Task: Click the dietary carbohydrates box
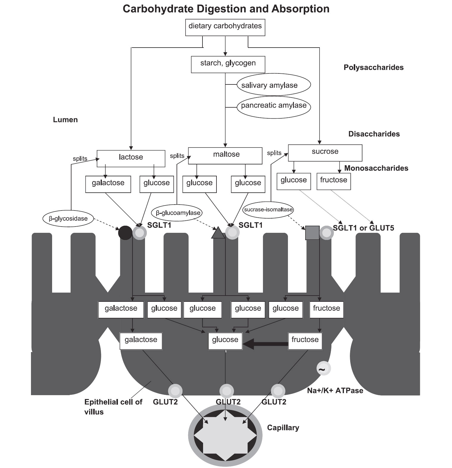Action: point(225,27)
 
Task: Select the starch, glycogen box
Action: point(228,64)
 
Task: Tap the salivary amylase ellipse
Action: point(273,85)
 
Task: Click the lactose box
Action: point(131,158)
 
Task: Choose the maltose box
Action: point(225,156)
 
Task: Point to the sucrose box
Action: point(325,153)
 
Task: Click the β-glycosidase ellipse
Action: point(68,219)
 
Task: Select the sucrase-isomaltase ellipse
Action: point(268,210)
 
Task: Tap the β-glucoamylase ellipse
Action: point(178,213)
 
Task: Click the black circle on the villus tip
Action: point(125,233)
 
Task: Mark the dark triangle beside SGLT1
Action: point(218,233)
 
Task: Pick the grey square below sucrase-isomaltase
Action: point(312,233)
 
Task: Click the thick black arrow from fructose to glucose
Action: point(265,344)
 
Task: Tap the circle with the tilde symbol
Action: point(323,369)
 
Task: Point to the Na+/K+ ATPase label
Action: point(335,390)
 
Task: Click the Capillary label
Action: point(283,428)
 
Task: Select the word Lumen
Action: point(65,120)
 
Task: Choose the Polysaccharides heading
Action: point(373,67)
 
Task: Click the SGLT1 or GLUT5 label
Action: point(363,228)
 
